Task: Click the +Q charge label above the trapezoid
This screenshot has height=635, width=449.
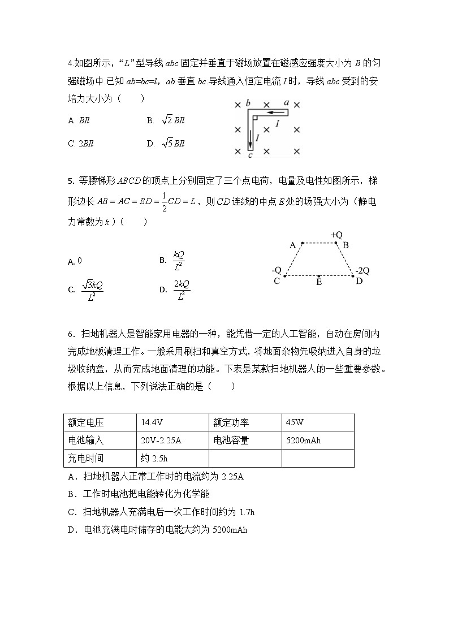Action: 337,235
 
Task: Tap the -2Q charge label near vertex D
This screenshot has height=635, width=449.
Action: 362,270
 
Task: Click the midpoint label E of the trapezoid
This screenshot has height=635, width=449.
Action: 320,282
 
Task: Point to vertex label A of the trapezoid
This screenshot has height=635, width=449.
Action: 292,245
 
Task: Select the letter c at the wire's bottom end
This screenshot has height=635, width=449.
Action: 250,154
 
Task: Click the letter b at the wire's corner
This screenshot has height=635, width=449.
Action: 248,103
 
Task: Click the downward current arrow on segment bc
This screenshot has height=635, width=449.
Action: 251,137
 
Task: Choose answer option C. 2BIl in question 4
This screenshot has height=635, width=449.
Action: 81,144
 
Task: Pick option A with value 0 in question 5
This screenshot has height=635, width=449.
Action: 75,261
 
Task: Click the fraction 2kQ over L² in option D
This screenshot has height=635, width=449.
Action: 182,290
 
